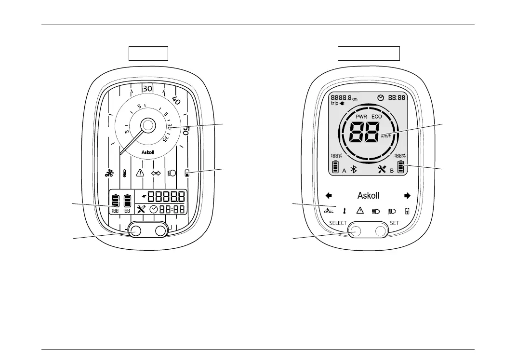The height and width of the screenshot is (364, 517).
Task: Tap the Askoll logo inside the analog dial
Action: click(x=147, y=152)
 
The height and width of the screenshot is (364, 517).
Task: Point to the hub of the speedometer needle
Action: click(x=147, y=125)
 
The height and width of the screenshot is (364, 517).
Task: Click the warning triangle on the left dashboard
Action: click(x=140, y=173)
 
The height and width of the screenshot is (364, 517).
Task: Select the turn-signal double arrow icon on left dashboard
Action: click(x=156, y=173)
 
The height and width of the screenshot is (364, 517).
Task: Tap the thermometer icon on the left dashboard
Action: click(x=125, y=173)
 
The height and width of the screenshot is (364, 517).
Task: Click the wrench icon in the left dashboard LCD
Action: click(x=141, y=209)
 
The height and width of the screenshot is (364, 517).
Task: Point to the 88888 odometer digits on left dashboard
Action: click(x=167, y=197)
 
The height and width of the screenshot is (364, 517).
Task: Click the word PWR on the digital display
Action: click(x=362, y=117)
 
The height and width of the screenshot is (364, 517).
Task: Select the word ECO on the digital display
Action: click(x=377, y=117)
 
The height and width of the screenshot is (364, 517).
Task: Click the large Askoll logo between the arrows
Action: click(x=368, y=196)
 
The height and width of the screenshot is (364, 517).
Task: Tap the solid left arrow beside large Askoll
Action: click(x=330, y=196)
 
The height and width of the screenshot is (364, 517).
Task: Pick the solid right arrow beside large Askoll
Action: click(x=407, y=196)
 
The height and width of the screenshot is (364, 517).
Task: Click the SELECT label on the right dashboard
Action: click(x=338, y=223)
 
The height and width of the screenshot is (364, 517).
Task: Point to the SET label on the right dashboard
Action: click(x=395, y=223)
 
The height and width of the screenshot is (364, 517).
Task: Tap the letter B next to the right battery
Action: click(x=392, y=171)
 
